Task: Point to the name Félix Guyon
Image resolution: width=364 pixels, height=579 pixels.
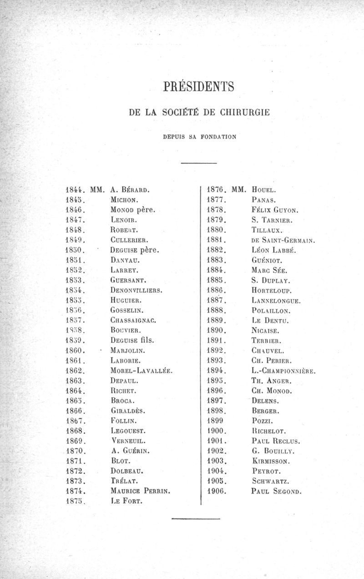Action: tap(274, 210)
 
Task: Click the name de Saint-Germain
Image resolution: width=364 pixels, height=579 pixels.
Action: tap(283, 240)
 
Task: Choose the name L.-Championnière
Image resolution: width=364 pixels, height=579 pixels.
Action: tap(283, 370)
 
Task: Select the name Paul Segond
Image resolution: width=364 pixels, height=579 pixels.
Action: tap(276, 491)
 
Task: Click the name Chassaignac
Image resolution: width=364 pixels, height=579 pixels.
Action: tap(133, 320)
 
